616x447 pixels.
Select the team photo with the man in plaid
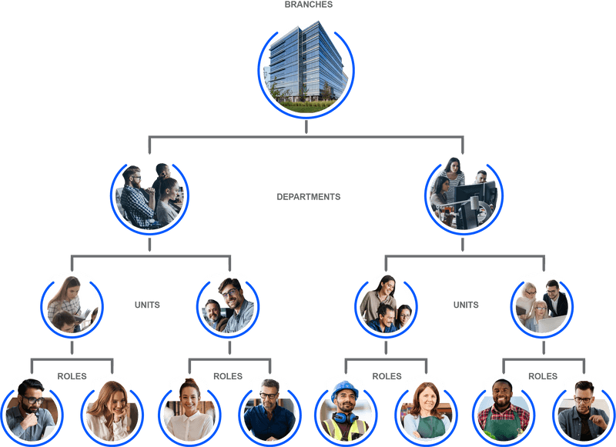coord(149,196)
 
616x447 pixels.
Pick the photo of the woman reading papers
coord(72,305)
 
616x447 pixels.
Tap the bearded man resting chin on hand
coord(32,410)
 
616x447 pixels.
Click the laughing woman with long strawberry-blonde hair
coord(110,410)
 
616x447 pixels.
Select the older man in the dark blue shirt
coord(268,409)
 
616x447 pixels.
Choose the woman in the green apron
coord(425,411)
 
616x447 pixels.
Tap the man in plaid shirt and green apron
coord(504,409)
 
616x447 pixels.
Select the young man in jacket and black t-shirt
coord(583,410)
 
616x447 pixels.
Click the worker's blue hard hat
coord(344,389)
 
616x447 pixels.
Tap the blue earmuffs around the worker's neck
coord(345,419)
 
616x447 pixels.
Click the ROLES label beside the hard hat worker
coord(387,376)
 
